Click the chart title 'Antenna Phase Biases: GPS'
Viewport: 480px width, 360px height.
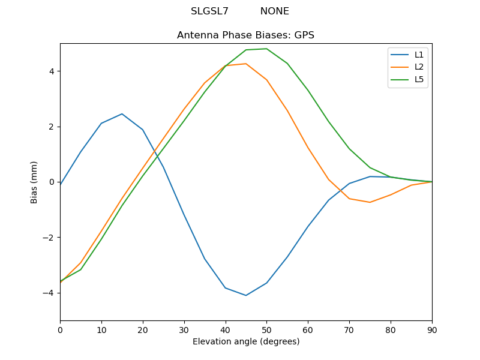(x=245, y=35)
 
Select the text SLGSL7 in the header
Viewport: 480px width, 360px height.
(x=209, y=11)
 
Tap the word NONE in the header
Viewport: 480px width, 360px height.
(x=274, y=11)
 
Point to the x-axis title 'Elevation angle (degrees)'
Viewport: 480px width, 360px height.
(x=246, y=342)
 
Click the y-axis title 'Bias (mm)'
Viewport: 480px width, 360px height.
(x=34, y=182)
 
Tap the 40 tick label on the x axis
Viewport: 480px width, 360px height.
(x=226, y=329)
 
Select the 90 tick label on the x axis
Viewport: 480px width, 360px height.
(x=432, y=329)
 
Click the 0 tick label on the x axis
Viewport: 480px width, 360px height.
(x=60, y=329)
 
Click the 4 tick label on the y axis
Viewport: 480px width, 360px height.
(x=52, y=71)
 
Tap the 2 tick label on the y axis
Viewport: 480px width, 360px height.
(x=52, y=127)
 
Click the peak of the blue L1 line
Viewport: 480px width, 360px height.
(x=122, y=114)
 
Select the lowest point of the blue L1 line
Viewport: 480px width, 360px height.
(x=246, y=295)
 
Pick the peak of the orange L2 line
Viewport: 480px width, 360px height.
(x=246, y=64)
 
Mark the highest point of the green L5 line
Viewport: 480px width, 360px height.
(x=266, y=49)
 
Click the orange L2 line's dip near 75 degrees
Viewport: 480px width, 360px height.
(x=370, y=202)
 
